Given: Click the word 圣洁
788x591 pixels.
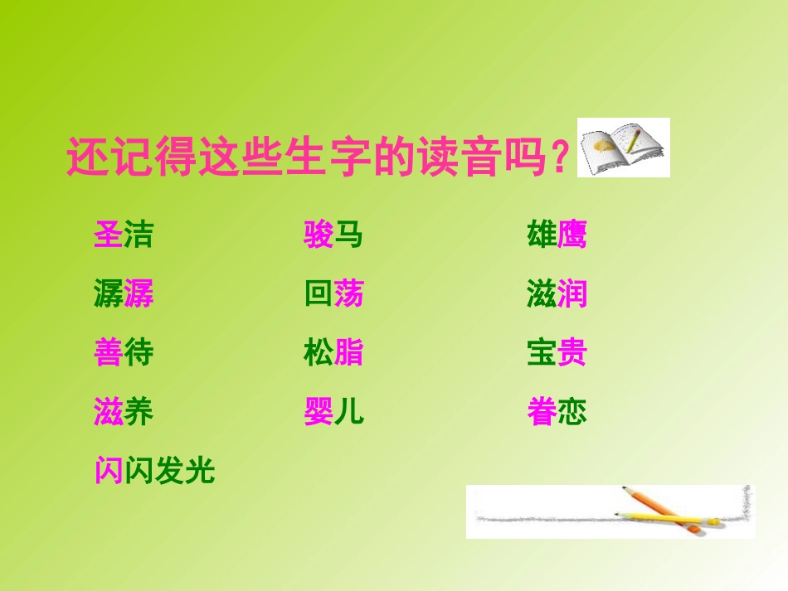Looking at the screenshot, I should point(124,235).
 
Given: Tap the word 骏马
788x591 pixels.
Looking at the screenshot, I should point(333,235).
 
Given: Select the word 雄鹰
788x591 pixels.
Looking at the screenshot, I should point(557,235).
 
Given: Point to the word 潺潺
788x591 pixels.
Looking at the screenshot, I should point(124,294).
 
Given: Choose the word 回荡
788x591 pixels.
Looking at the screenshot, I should point(333,294).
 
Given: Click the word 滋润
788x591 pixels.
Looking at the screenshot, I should point(557,294).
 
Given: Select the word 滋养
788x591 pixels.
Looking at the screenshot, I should point(124,412).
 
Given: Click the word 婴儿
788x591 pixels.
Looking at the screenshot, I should point(333,412).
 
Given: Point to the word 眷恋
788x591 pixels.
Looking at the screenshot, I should point(557,412).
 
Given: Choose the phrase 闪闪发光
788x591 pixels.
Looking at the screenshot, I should point(154,472).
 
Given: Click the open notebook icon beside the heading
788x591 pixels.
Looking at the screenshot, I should point(623,148).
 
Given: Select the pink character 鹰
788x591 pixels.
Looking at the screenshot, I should point(572,235).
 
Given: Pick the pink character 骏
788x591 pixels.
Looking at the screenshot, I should point(319,235).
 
